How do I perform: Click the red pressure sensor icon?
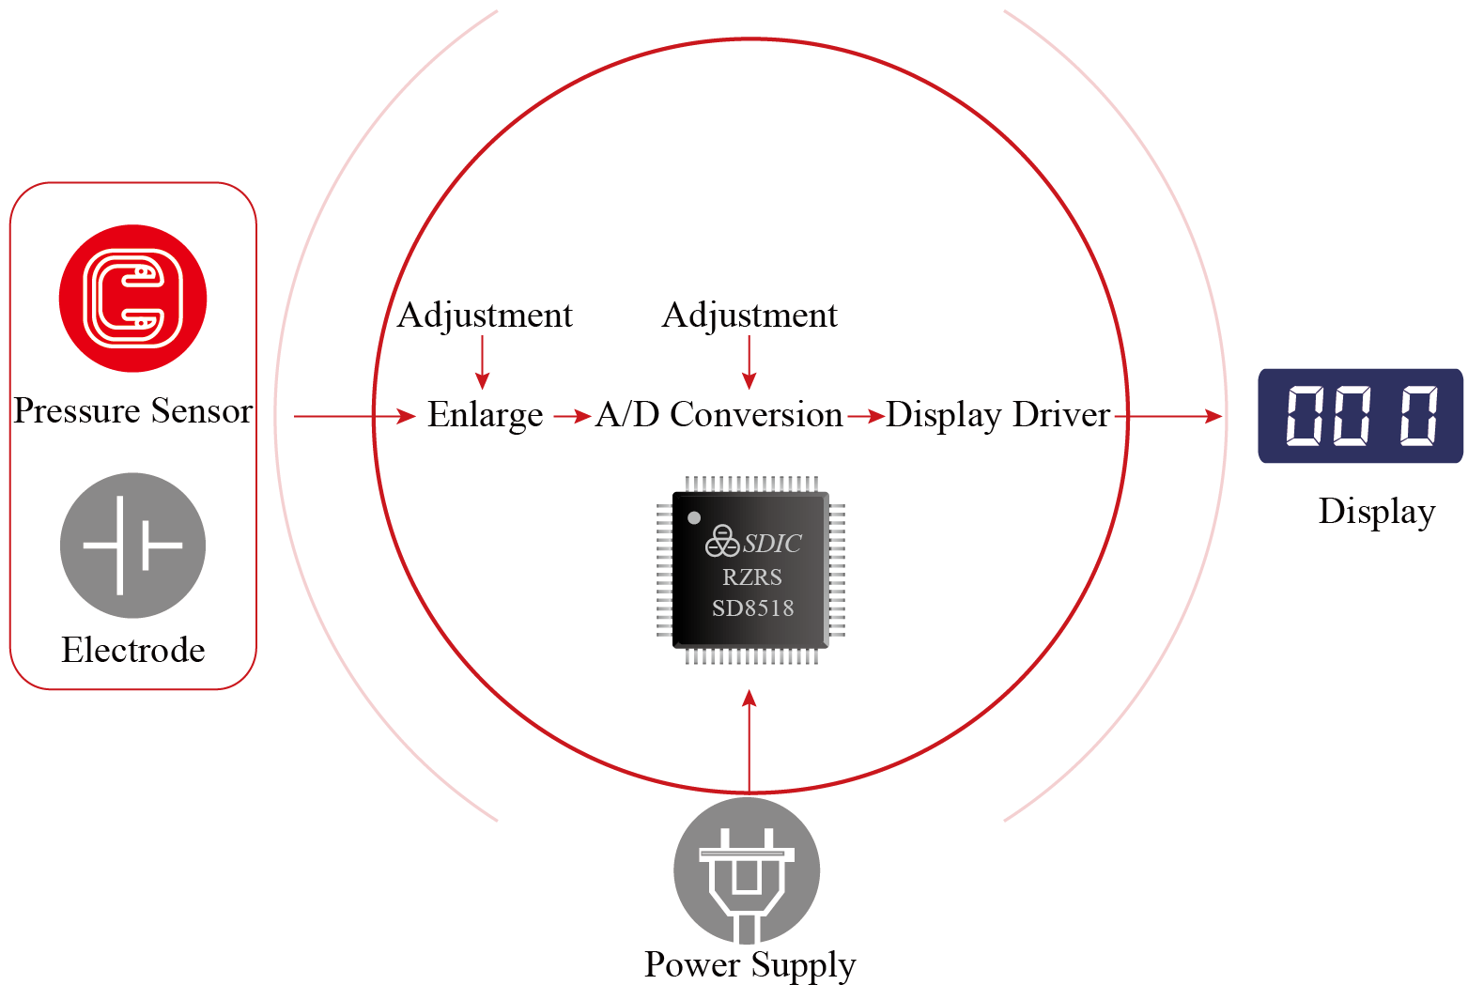132,299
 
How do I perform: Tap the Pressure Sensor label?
132,411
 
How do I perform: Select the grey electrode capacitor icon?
132,546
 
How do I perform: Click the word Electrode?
132,650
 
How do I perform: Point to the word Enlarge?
485,415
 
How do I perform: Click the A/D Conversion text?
719,415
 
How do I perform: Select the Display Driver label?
997,415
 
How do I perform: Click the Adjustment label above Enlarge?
485,315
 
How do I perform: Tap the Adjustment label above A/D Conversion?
749,315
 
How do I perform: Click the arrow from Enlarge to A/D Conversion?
571,415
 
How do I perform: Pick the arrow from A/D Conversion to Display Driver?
865,415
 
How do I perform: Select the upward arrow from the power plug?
749,742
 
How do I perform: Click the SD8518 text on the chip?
752,608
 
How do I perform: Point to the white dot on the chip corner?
694,517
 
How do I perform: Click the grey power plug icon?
747,871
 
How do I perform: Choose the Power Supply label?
749,965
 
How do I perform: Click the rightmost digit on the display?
1419,415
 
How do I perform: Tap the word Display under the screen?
1376,512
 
